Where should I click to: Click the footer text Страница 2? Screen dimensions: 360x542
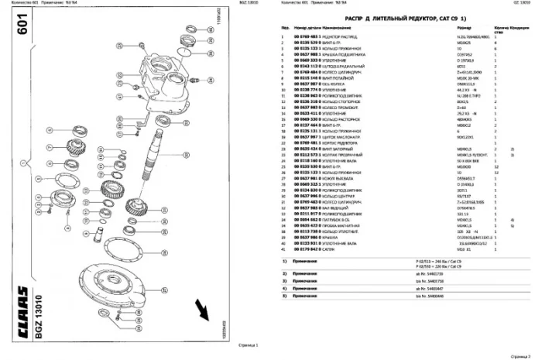[519, 353]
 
